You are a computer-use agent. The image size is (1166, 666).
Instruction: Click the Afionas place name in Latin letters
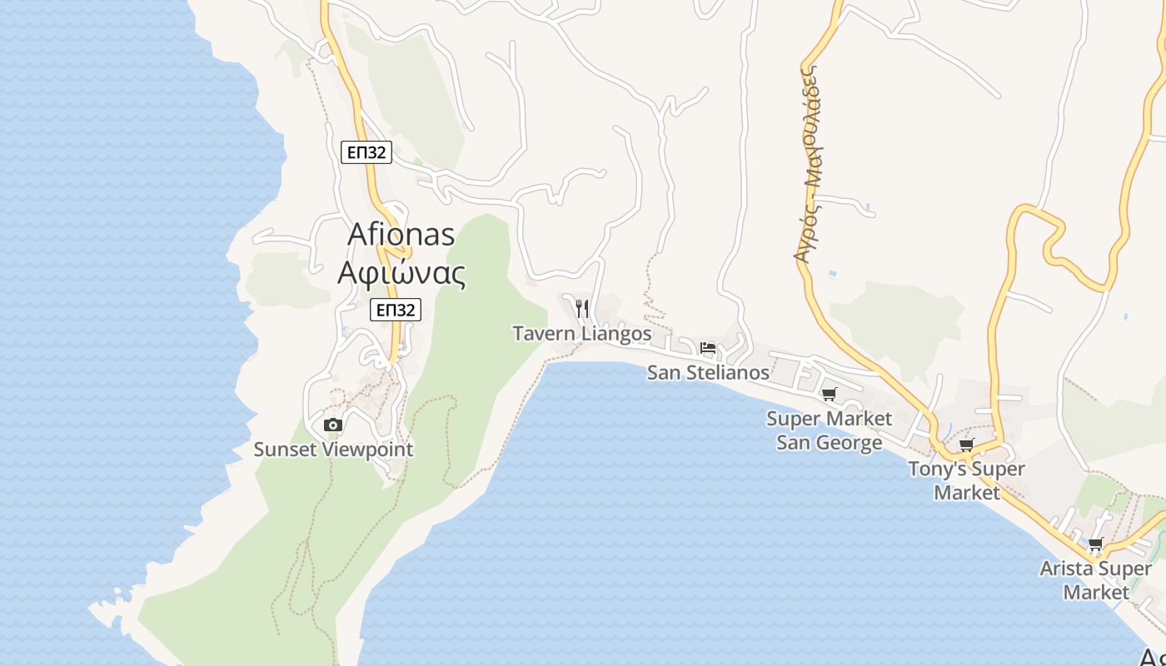401,234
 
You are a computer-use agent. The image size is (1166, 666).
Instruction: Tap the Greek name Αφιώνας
401,272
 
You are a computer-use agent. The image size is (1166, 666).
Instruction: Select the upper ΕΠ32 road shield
366,152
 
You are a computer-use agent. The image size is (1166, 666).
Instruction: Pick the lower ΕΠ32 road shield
396,311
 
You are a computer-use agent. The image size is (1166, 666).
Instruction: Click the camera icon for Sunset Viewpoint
332,425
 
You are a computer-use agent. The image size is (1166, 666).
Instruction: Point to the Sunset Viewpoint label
333,450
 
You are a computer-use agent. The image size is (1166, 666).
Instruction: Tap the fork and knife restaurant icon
582,309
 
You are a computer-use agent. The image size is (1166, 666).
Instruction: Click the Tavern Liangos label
581,334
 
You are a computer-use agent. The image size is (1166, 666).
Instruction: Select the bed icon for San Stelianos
708,348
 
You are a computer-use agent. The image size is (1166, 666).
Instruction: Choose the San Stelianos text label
708,372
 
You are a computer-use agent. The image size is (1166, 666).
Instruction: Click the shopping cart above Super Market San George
829,395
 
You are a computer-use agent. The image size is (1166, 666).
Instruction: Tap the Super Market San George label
829,430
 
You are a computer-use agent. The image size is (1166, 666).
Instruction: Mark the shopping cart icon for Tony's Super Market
966,445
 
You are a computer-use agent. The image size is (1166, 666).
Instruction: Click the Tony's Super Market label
966,480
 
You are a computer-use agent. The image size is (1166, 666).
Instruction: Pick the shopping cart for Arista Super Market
1095,545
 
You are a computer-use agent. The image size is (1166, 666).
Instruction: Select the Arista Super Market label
1095,580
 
